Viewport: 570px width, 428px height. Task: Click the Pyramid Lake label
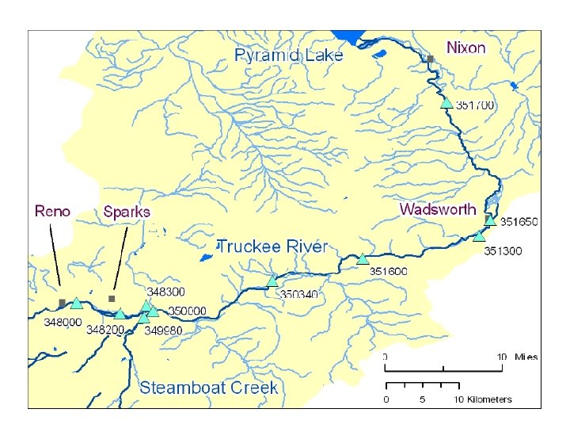click(x=289, y=55)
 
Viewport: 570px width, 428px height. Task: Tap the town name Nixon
click(x=466, y=48)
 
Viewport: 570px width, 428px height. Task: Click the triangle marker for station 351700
click(x=447, y=102)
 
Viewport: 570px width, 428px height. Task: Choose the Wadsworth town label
click(x=438, y=209)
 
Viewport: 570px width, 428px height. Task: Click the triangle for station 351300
click(x=479, y=235)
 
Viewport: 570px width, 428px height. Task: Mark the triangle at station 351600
click(x=363, y=258)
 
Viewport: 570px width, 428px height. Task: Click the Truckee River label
click(x=272, y=246)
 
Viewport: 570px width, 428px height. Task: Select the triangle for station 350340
click(x=272, y=281)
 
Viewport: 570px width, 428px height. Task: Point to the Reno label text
click(x=52, y=211)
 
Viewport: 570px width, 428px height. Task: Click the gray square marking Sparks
click(x=112, y=299)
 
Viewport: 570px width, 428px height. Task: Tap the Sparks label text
click(x=127, y=212)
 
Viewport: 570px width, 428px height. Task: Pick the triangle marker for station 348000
click(x=76, y=303)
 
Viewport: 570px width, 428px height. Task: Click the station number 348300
click(x=165, y=292)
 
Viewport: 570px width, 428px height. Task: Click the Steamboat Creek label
click(x=209, y=388)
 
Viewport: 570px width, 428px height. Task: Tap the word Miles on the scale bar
click(x=526, y=357)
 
